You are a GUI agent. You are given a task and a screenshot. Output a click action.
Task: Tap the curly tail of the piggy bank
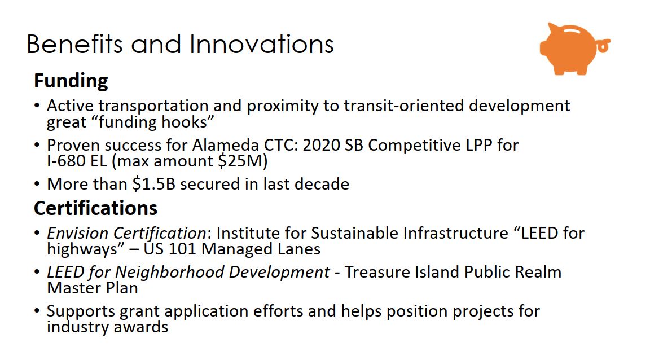click(x=604, y=46)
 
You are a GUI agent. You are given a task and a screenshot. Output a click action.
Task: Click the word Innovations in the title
click(x=262, y=44)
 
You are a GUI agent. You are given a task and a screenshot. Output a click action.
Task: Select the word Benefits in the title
click(x=75, y=44)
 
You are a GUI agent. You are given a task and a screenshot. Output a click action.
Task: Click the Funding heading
click(x=71, y=81)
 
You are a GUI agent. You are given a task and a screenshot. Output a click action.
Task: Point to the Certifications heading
click(x=96, y=208)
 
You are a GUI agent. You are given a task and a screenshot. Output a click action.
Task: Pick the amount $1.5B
click(x=154, y=184)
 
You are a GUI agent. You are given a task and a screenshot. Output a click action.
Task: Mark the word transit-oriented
click(x=404, y=106)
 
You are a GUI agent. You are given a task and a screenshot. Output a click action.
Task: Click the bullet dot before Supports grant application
click(x=37, y=311)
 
